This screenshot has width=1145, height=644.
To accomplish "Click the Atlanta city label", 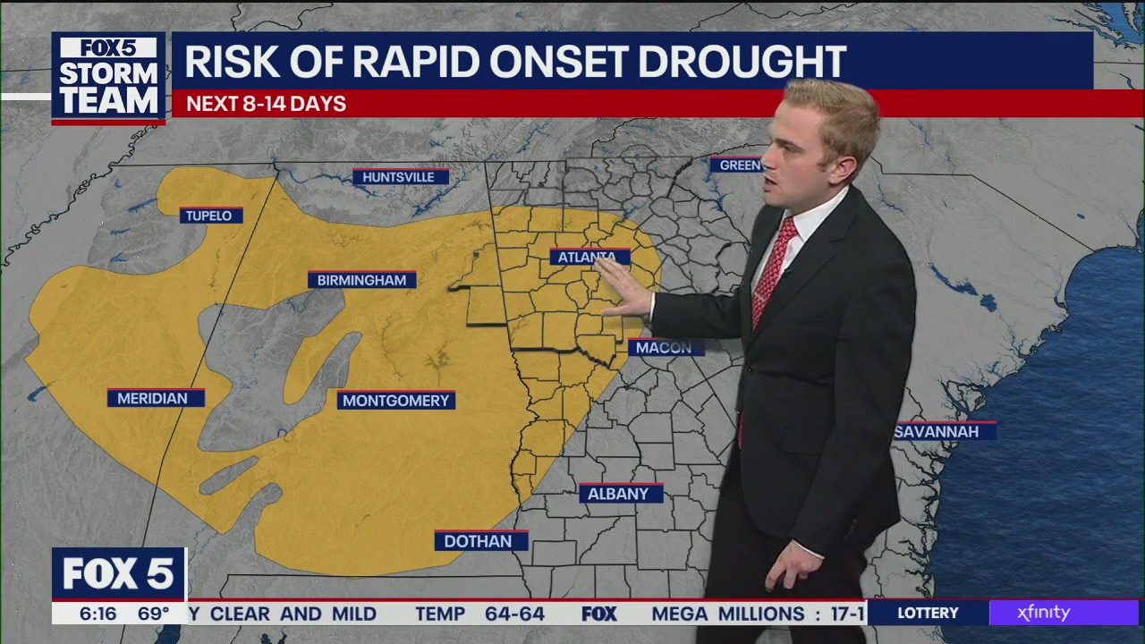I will pyautogui.click(x=588, y=258).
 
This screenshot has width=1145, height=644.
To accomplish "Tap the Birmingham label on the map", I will pyautogui.click(x=361, y=280).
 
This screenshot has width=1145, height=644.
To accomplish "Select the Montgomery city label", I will pyautogui.click(x=395, y=401).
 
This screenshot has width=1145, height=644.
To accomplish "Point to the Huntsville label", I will pyautogui.click(x=399, y=177).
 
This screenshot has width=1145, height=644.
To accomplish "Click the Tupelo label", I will pyautogui.click(x=209, y=216).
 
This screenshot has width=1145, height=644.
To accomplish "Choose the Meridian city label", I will pyautogui.click(x=153, y=399).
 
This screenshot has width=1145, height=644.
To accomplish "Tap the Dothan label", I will pyautogui.click(x=479, y=541).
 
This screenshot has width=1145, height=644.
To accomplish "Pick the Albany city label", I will pyautogui.click(x=619, y=494).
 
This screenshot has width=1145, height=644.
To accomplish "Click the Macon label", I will pyautogui.click(x=665, y=348).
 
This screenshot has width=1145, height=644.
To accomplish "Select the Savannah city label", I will pyautogui.click(x=942, y=432).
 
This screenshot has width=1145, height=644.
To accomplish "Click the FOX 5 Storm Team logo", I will pyautogui.click(x=108, y=77).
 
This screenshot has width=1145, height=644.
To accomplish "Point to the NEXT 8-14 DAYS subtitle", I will pyautogui.click(x=266, y=104).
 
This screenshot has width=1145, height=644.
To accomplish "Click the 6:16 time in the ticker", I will pyautogui.click(x=98, y=614).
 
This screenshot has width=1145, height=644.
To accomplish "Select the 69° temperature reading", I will pyautogui.click(x=153, y=614).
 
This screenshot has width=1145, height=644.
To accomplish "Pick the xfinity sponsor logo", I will pyautogui.click(x=1043, y=613).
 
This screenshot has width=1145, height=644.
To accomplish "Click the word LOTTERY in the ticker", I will pyautogui.click(x=928, y=613).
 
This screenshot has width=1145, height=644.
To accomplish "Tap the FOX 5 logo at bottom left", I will pyautogui.click(x=118, y=574).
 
